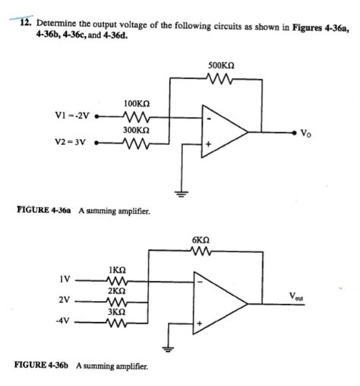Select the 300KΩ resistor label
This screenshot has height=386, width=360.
135,130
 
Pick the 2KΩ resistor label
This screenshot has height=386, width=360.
118,290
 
